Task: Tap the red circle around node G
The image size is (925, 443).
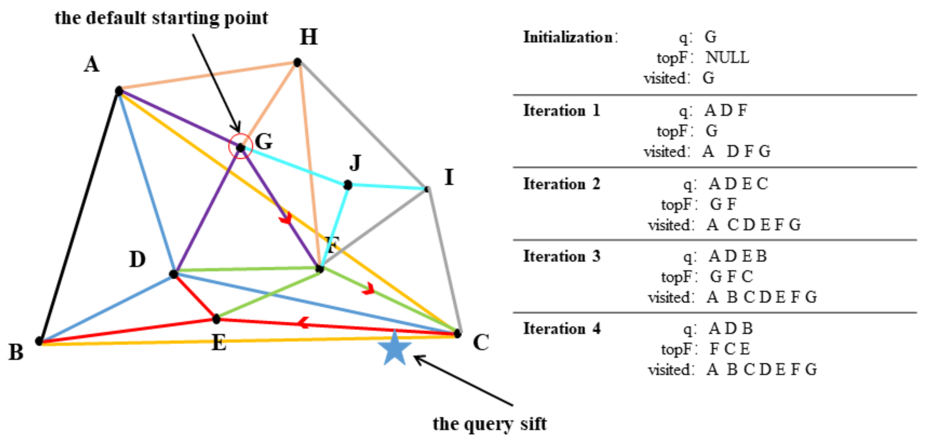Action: point(241,146)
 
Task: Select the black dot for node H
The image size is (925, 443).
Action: point(297,62)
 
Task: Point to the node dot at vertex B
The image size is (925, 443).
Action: point(39,341)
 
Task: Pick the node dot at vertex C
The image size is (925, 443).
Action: point(457,333)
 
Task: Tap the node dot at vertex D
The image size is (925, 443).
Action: point(173,274)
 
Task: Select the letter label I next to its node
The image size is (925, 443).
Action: point(449,177)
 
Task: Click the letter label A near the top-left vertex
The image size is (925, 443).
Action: point(92,65)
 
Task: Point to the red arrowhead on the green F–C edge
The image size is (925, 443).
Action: point(369,289)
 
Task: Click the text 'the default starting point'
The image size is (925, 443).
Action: point(161,18)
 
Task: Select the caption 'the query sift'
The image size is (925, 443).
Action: point(490,424)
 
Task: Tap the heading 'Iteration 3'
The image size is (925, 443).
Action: point(562,256)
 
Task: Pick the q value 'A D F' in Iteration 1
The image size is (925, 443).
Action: point(725,110)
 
